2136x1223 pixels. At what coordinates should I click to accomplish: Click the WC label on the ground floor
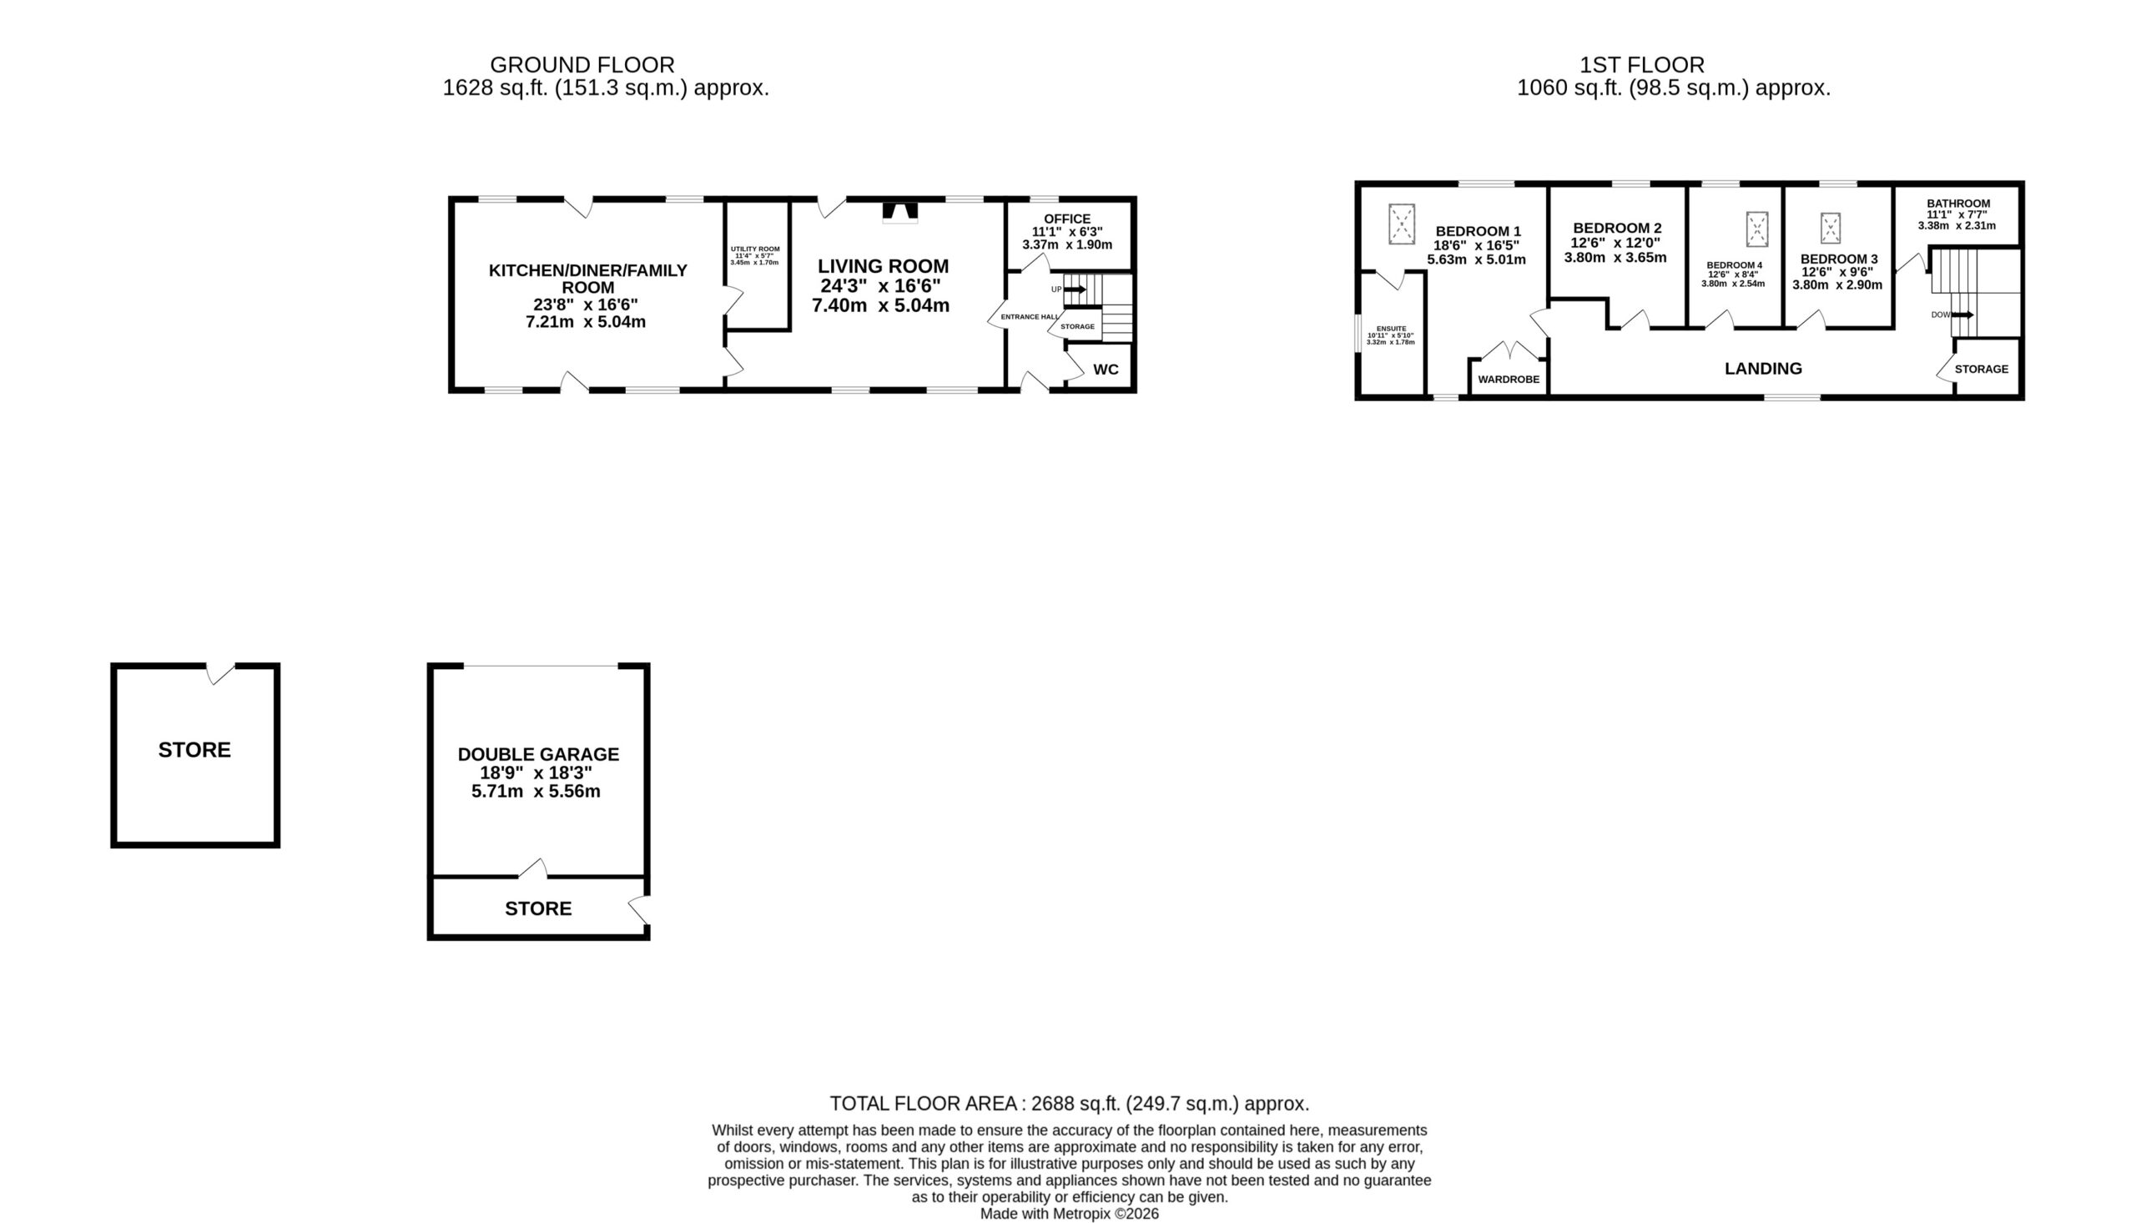click(1106, 370)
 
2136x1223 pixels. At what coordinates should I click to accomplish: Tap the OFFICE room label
click(1066, 219)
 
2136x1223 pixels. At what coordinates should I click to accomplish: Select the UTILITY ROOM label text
click(755, 249)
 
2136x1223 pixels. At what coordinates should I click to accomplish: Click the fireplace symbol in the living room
click(899, 212)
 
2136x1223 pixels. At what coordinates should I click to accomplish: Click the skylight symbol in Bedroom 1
click(1401, 224)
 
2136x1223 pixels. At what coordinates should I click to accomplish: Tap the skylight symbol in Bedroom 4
click(1756, 229)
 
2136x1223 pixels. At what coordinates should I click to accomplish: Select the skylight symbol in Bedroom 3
click(1831, 229)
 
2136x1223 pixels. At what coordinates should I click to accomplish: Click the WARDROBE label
click(1509, 380)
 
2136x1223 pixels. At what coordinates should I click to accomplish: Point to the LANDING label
click(1763, 369)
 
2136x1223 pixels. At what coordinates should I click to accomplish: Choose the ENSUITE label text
click(1391, 330)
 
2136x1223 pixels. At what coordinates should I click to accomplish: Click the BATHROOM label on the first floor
click(1958, 204)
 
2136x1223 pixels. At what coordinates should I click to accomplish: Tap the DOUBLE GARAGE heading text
click(538, 755)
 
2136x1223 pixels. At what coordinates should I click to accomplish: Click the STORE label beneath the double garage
click(538, 908)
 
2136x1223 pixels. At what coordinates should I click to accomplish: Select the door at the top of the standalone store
click(220, 673)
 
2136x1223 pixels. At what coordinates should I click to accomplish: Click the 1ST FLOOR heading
click(1642, 66)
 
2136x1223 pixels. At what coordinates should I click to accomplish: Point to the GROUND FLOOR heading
click(582, 66)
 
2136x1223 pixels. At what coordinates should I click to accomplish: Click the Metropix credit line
click(1070, 1214)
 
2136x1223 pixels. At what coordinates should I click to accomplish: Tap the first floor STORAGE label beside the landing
click(1982, 370)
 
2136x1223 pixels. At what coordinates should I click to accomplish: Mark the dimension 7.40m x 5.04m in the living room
click(880, 305)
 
